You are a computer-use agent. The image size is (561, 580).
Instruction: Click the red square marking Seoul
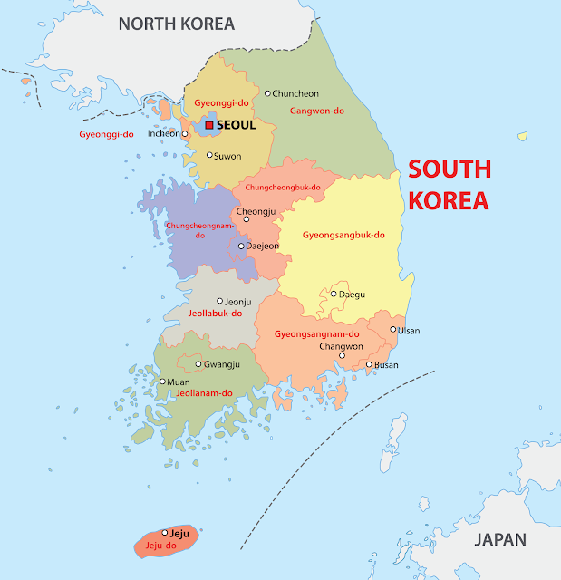[209, 125]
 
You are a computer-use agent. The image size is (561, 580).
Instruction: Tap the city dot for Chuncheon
[268, 93]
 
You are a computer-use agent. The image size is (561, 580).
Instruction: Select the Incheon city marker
[184, 134]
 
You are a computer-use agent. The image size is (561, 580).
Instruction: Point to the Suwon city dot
[209, 155]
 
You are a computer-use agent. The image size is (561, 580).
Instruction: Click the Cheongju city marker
[246, 218]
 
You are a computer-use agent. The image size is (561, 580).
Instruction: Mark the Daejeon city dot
[241, 246]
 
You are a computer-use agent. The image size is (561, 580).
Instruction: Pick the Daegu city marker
[334, 294]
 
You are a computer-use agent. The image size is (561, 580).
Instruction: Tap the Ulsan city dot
[393, 330]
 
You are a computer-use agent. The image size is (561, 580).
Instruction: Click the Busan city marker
[369, 364]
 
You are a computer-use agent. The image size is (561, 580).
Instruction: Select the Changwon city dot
[342, 355]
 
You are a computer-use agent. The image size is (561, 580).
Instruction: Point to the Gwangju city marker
[198, 364]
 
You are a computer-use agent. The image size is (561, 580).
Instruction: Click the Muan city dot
[162, 382]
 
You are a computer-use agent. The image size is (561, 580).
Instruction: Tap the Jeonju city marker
[219, 301]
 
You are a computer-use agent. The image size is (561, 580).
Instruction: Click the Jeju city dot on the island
[165, 533]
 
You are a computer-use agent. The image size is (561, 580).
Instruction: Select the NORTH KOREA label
[177, 24]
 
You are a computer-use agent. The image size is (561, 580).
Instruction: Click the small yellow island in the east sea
[522, 136]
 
